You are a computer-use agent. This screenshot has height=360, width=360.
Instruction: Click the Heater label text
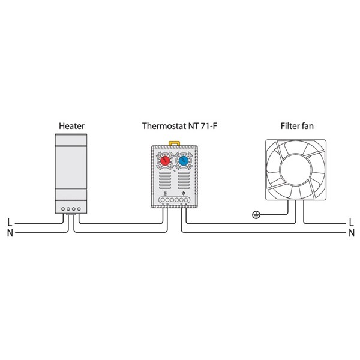pos(71,126)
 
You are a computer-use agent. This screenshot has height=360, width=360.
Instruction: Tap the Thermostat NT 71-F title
pos(179,126)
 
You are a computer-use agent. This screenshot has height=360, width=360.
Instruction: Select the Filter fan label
pos(297,126)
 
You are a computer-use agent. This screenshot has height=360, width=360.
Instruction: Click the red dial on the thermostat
pos(165,161)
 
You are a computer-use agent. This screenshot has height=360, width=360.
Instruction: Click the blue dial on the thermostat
pos(184,161)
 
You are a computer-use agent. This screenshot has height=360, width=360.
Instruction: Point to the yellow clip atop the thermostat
pos(174,143)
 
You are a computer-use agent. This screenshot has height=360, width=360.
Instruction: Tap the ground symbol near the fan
pos(256,215)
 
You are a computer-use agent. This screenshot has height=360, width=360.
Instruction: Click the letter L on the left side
pos(10,223)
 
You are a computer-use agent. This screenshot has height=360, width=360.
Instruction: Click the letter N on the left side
pos(10,233)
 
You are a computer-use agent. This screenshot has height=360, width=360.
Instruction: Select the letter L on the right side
pos(351,223)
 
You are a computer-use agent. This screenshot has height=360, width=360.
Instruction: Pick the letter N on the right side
pos(352,233)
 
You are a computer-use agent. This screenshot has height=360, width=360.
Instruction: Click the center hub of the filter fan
pos(296,169)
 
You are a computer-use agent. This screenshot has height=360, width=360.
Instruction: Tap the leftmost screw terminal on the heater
pos(63,209)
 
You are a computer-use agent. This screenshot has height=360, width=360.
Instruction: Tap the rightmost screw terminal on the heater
pos(79,209)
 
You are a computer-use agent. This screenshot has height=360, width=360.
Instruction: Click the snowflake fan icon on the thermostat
pos(183,193)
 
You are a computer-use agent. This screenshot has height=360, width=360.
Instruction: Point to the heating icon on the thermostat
pos(164,193)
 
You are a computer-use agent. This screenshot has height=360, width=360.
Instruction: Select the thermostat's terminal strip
pos(174,200)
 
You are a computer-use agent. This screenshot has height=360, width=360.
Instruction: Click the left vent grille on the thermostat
pos(165,180)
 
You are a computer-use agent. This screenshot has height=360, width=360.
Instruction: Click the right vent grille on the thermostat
pos(184,180)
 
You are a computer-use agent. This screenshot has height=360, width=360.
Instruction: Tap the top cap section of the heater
pos(71,140)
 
